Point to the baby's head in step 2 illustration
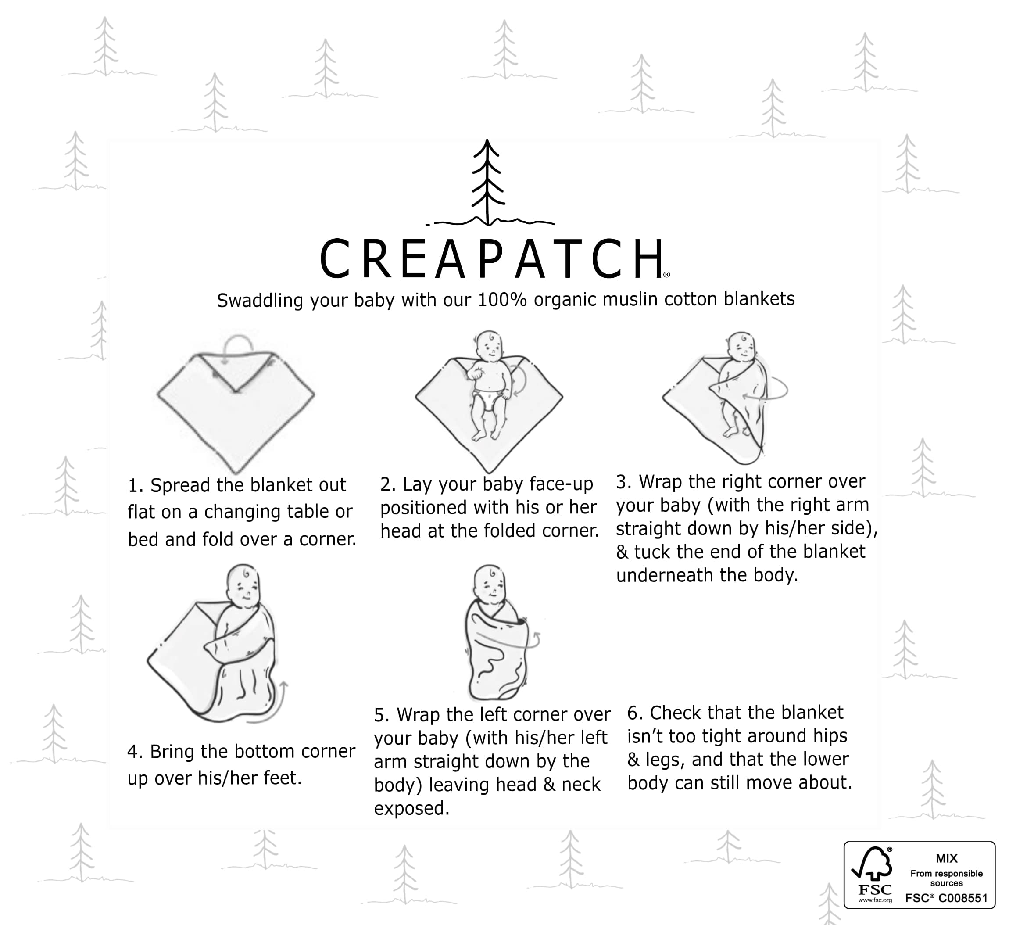[x=489, y=345]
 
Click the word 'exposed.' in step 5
[x=411, y=808]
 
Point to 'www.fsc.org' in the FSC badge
[x=875, y=900]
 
